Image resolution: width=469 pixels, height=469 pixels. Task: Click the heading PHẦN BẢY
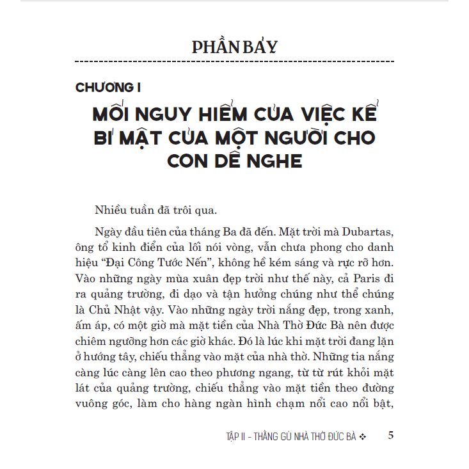pos(235,47)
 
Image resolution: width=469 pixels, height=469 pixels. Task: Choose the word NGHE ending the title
pos(272,160)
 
